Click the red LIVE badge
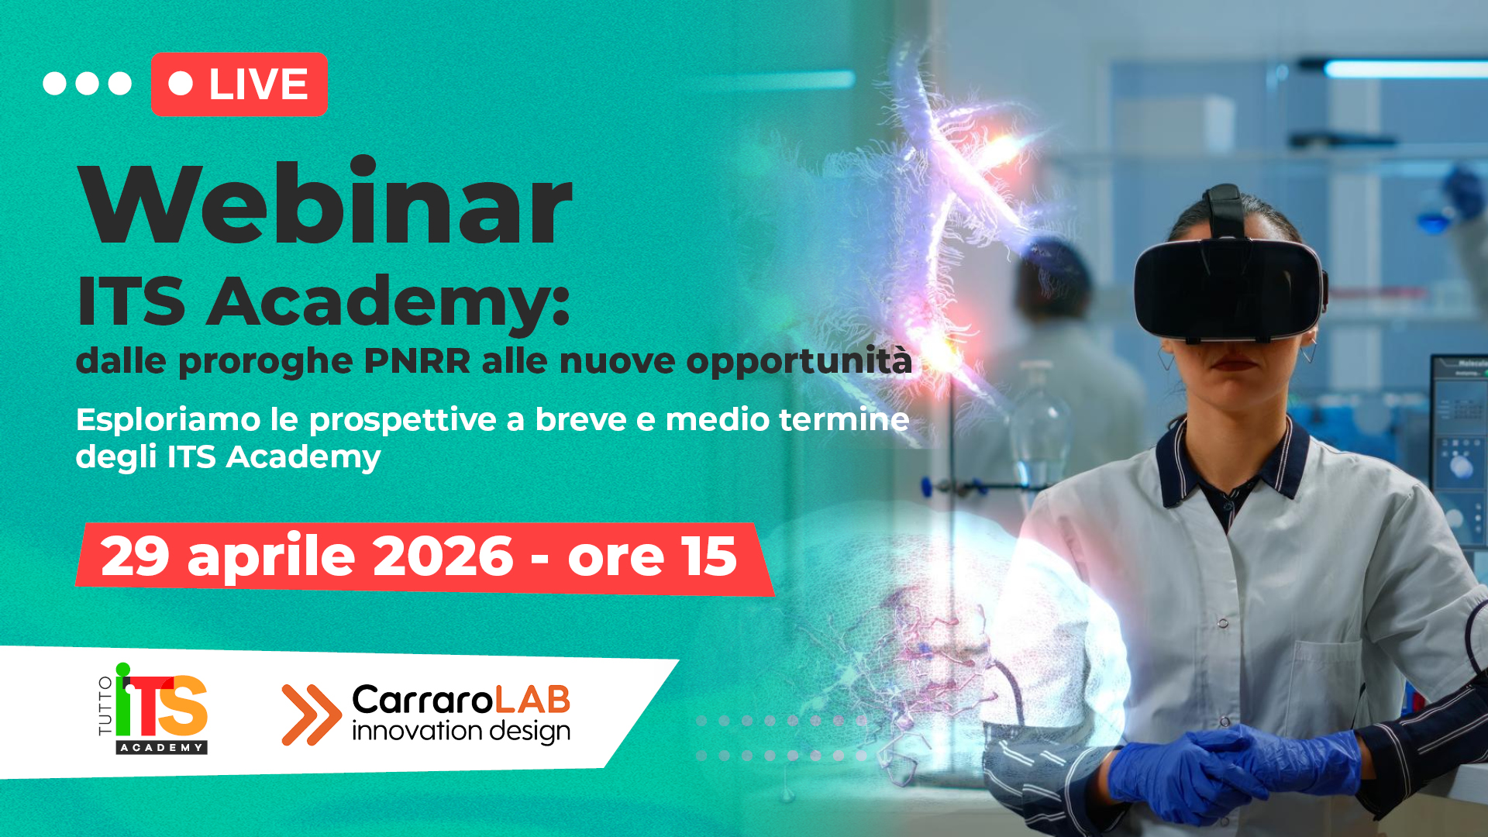[239, 84]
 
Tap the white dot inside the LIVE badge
[181, 84]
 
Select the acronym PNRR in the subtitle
[417, 361]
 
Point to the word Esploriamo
[168, 420]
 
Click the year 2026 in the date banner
[443, 556]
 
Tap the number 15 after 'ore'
[708, 556]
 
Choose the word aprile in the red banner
[271, 556]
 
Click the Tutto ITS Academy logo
[153, 708]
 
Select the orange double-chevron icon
[312, 715]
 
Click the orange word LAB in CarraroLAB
[532, 700]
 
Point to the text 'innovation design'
[461, 731]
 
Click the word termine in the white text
[844, 419]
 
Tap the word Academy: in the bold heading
[389, 302]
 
